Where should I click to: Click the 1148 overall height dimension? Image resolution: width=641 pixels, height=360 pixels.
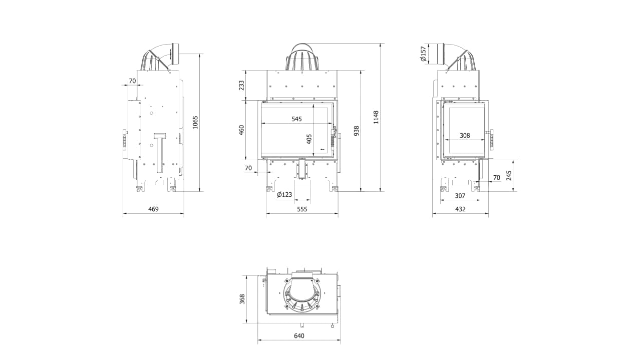point(376,117)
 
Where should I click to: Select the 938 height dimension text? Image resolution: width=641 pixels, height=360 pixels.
point(356,131)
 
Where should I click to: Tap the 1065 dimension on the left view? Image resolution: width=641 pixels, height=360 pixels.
point(195,122)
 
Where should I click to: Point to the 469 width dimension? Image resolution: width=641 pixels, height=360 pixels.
point(153,209)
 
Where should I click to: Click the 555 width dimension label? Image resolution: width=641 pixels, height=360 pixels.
point(302,209)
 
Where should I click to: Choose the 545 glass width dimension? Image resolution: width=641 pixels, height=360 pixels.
point(297,119)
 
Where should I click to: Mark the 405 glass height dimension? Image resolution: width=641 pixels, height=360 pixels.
point(309,139)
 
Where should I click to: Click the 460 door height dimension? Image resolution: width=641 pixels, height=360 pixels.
point(241,130)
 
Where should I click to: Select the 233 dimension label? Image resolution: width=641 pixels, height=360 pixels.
point(241,85)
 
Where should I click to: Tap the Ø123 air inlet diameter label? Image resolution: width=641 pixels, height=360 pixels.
point(284,195)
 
